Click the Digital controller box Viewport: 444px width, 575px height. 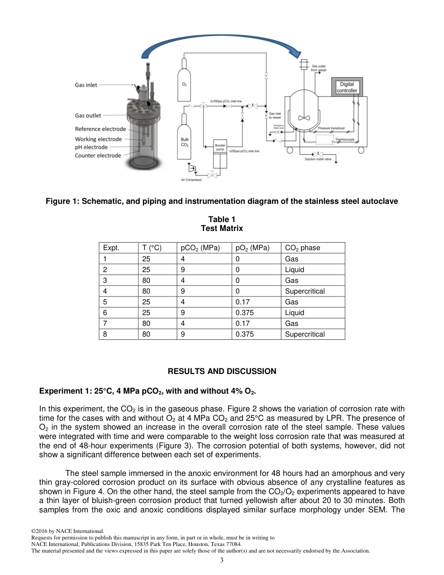coord(347,87)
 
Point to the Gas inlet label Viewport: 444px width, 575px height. coord(86,85)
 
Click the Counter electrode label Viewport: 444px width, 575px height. coord(98,156)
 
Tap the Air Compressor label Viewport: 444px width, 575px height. coord(191,180)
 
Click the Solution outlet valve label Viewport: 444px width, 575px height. coord(318,159)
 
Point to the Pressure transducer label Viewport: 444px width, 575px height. coord(331,128)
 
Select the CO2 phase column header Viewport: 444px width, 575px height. coord(302,248)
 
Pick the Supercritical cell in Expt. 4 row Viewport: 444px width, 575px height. coord(304,291)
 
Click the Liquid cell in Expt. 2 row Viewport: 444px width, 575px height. coord(294,270)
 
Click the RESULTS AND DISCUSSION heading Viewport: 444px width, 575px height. coord(222,371)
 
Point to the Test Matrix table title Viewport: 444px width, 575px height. coord(222,229)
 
